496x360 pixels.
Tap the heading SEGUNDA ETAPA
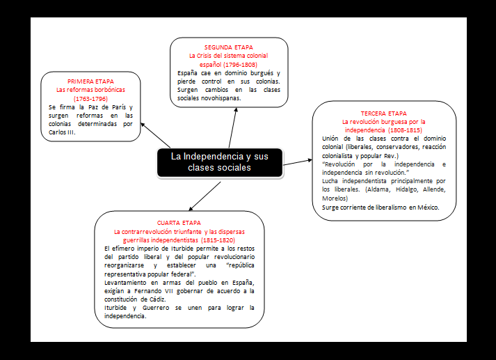click(x=229, y=47)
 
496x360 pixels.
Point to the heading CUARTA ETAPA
click(x=179, y=222)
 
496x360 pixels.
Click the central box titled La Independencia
click(x=219, y=162)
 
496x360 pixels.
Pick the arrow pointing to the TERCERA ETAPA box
click(x=298, y=162)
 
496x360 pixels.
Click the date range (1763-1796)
click(x=90, y=98)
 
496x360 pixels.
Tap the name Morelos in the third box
click(x=338, y=198)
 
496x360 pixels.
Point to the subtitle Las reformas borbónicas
click(x=90, y=90)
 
